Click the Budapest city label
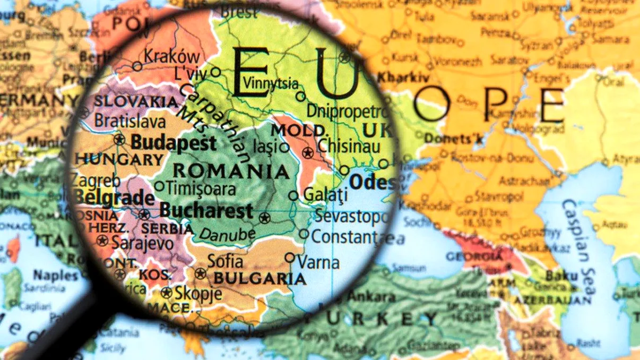[174, 143]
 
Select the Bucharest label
[206, 211]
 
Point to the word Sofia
[225, 261]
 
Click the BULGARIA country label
[260, 278]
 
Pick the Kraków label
[172, 56]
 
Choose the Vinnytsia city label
[270, 83]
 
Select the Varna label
[318, 262]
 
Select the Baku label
[561, 276]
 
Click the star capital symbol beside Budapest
[119, 140]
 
